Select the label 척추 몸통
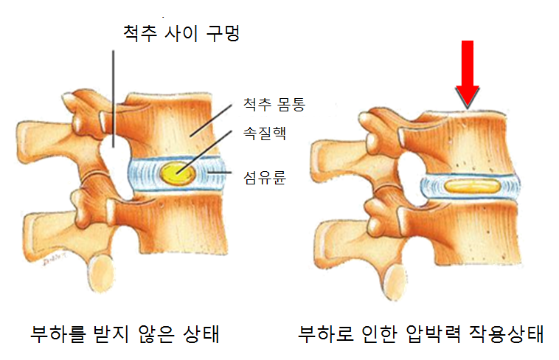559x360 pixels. click(274, 105)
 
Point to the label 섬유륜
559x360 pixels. click(264, 176)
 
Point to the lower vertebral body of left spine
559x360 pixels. click(177, 225)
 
